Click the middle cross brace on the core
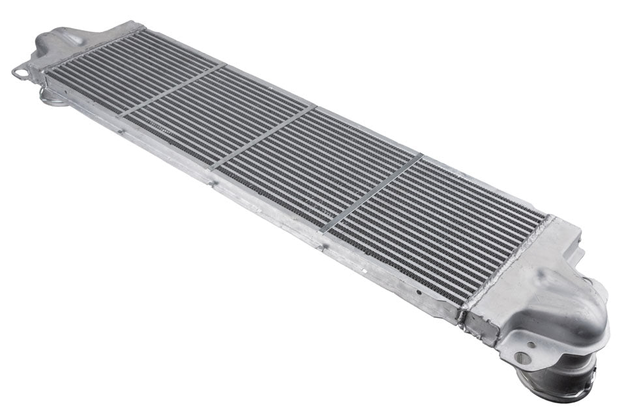pos(263,137)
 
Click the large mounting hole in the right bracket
pos(522,357)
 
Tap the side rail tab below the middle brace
pos(212,183)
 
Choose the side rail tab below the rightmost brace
pos(320,245)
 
